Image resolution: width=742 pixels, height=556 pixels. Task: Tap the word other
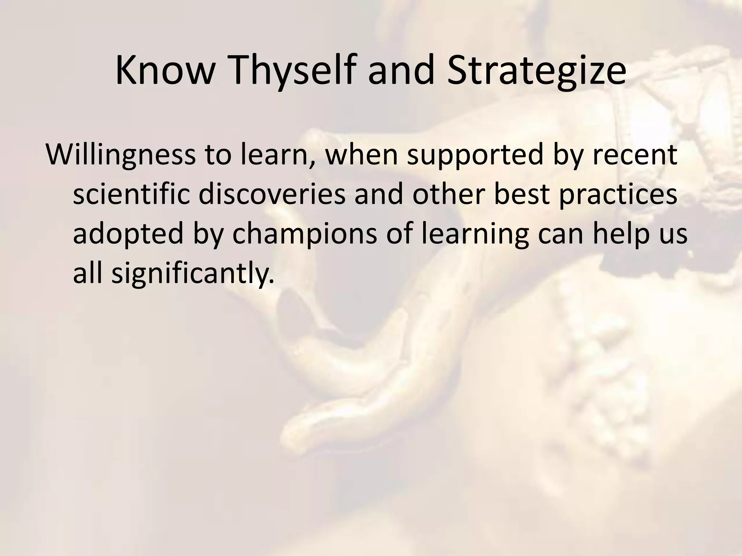(x=448, y=194)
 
